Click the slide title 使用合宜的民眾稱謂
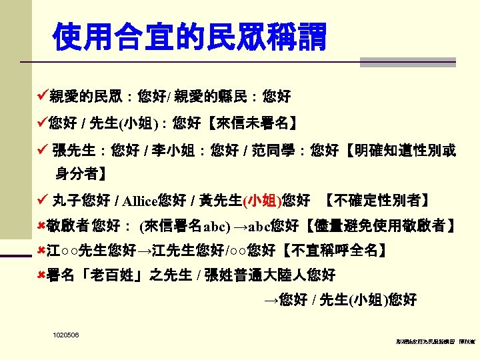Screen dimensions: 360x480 [190, 37]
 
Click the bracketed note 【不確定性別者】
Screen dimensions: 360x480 [377, 200]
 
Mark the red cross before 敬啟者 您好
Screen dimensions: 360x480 [42, 226]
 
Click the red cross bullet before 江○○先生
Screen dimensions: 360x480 [42, 251]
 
